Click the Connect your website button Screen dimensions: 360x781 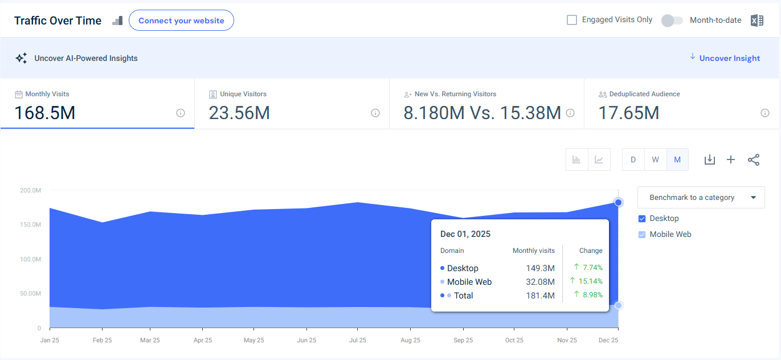[181, 21]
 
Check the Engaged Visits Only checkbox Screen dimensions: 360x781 [572, 20]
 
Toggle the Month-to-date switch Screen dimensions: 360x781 [672, 21]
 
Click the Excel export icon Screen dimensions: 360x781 [757, 21]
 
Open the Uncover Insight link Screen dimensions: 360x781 [729, 58]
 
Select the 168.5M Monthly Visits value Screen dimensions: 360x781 [45, 113]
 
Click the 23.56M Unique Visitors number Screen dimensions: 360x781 [239, 113]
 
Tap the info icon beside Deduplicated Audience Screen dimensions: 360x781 [765, 113]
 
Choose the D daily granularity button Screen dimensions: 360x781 [633, 159]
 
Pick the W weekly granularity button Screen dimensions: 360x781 [655, 159]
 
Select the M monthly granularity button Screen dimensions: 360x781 [677, 159]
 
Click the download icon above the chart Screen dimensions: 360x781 [709, 159]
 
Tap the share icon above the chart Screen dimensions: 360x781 [754, 159]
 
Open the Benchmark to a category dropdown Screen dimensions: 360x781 [701, 198]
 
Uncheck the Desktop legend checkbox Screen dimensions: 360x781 [642, 219]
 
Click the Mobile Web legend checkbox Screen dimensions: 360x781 [642, 235]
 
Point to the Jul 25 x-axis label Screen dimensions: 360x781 [357, 340]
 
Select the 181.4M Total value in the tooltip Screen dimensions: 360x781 [540, 296]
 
